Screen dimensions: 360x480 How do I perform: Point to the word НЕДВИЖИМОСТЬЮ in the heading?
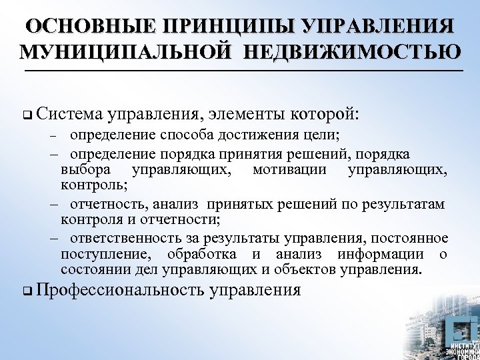(359, 52)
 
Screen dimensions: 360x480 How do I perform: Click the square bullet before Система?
(25, 115)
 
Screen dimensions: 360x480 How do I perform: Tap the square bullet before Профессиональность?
(25, 291)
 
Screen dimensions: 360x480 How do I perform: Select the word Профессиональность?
(122, 291)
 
